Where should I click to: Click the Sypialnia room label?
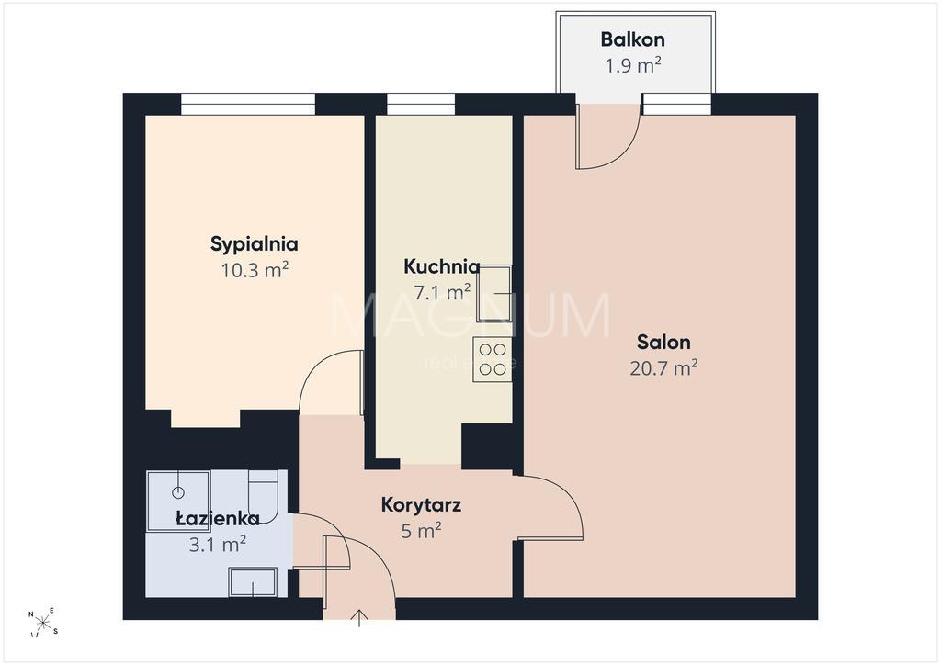point(254,244)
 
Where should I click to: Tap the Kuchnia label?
point(442,266)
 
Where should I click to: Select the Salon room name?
point(663,342)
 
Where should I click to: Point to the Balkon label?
point(632,39)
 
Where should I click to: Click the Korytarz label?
point(421,505)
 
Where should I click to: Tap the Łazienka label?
point(217,518)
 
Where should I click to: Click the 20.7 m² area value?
point(663,367)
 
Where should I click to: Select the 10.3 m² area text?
point(255,270)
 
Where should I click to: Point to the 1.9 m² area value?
point(632,65)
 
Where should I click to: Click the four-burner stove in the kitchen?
point(493,359)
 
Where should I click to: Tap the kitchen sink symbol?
point(493,294)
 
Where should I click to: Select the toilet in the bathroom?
point(263,497)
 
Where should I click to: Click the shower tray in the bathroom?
point(178,502)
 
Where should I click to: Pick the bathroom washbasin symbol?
point(253,582)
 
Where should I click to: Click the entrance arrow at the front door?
point(359,618)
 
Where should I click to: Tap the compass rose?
point(43,623)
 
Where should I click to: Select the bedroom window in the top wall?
point(248,104)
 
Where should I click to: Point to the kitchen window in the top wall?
point(421,104)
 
